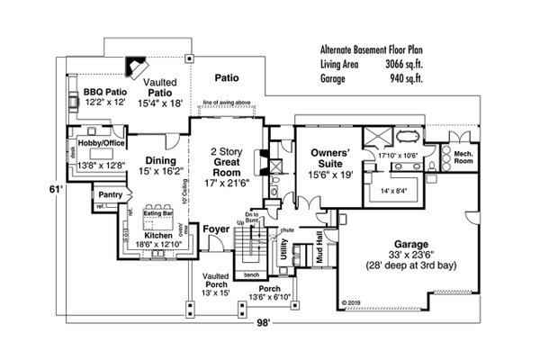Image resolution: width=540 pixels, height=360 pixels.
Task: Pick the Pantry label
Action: point(111,194)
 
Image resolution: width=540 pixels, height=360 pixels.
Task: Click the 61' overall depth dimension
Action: point(52,192)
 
